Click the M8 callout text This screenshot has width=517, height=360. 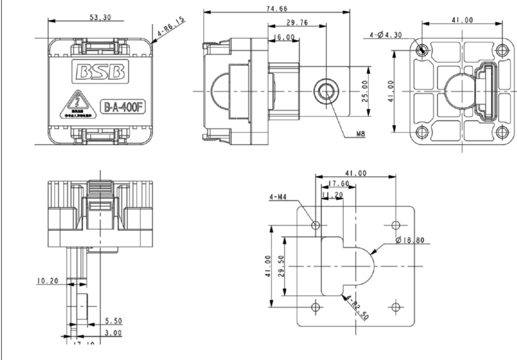point(361,133)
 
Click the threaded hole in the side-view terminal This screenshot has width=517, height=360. point(325,90)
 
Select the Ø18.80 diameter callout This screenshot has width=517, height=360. point(410,240)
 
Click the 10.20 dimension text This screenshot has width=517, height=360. point(47,281)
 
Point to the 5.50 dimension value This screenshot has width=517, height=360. point(113,321)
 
